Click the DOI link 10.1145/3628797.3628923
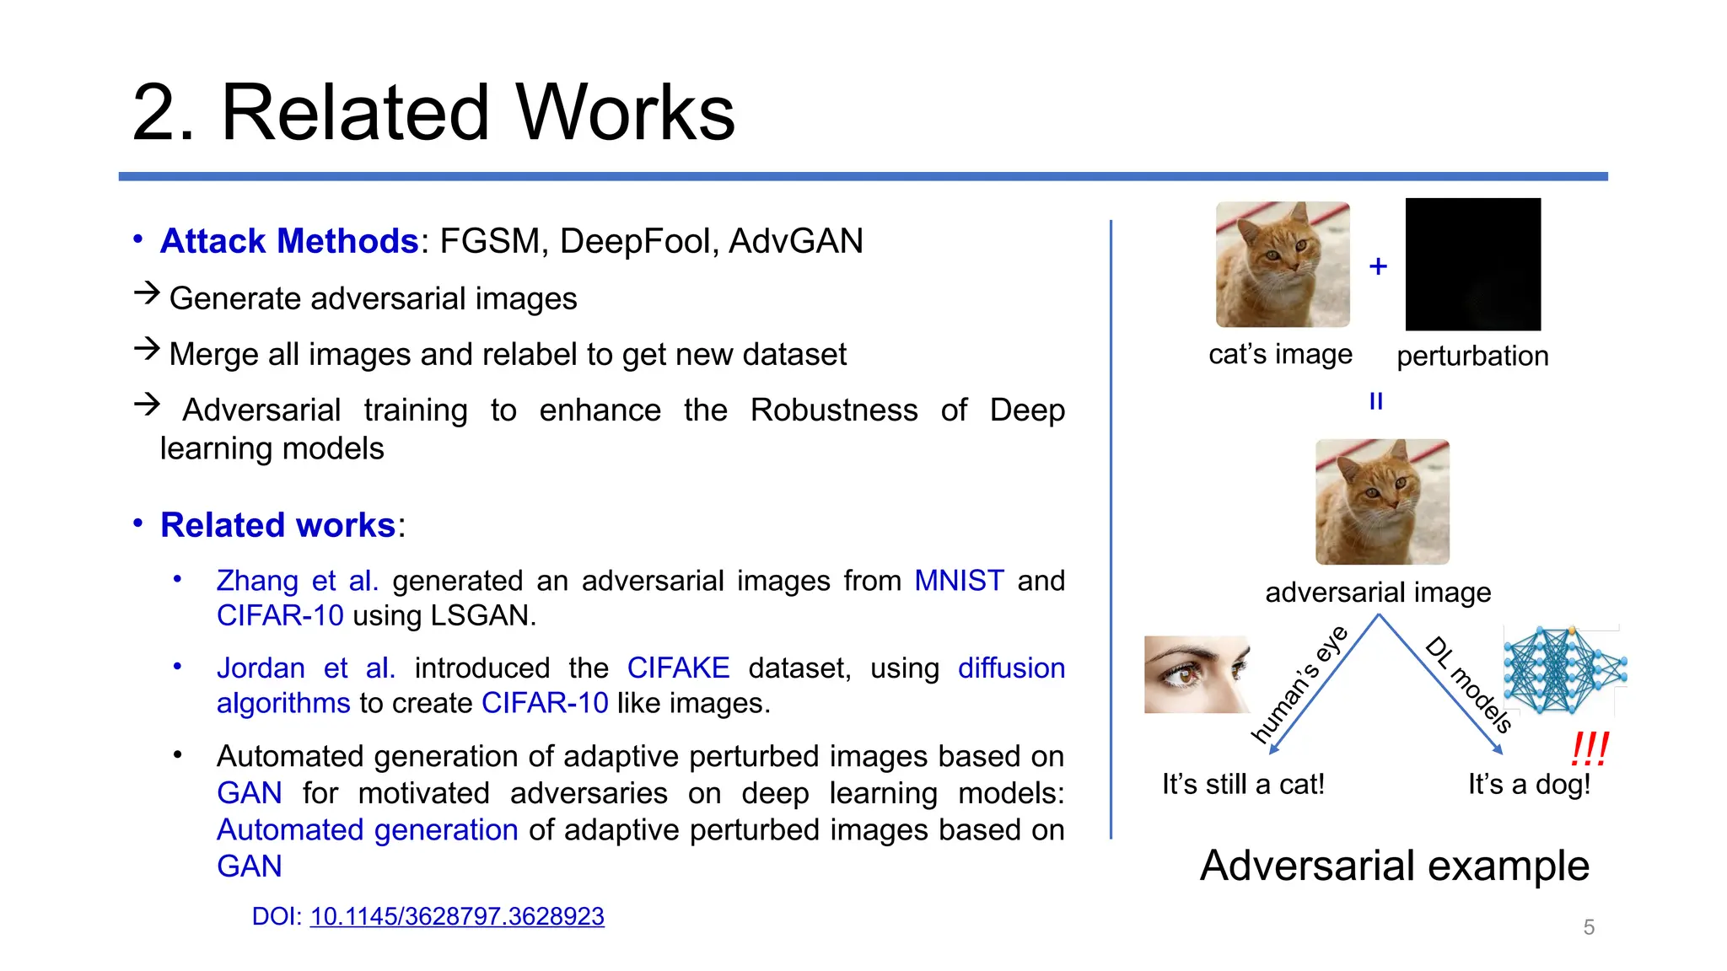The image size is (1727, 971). click(457, 916)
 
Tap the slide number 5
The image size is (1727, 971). click(1589, 927)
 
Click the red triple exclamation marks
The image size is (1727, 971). click(1590, 748)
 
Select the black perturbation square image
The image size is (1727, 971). click(1472, 265)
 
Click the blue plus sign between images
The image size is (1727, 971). click(1378, 266)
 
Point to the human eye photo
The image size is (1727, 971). click(1197, 674)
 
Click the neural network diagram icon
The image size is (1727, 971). click(1564, 670)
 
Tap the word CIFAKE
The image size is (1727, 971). click(678, 668)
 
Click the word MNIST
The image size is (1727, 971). click(959, 581)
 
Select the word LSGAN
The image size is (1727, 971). click(482, 615)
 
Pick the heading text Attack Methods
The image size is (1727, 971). click(289, 241)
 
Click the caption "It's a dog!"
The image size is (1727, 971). click(1529, 785)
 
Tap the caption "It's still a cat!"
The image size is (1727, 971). click(1243, 785)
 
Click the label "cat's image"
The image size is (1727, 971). click(1280, 354)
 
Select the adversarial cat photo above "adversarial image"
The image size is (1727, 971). click(1382, 502)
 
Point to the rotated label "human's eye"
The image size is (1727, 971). click(1299, 684)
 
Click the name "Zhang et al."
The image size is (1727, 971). click(297, 581)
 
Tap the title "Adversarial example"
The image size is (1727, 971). click(1394, 866)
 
